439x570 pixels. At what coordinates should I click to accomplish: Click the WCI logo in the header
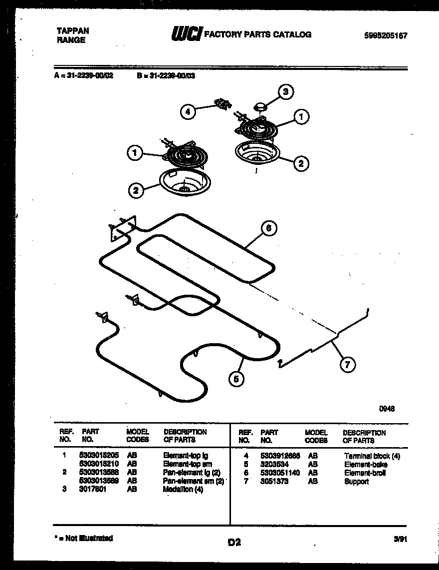pos(186,34)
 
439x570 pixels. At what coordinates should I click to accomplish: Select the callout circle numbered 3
pos(285,92)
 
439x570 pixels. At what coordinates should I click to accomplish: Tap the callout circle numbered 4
pos(188,112)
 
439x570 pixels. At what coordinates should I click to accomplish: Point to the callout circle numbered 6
pos(268,228)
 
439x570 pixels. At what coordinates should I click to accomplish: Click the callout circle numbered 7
pos(347,365)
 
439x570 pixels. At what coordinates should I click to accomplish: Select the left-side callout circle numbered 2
pos(136,190)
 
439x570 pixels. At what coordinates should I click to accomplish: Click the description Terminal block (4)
pos(372,456)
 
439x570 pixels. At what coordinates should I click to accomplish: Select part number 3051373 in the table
pos(274,482)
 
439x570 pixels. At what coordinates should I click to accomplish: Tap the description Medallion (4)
pos(183,490)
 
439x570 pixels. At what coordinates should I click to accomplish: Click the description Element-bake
pos(365,465)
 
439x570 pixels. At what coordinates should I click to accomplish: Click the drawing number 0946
pos(387,408)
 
